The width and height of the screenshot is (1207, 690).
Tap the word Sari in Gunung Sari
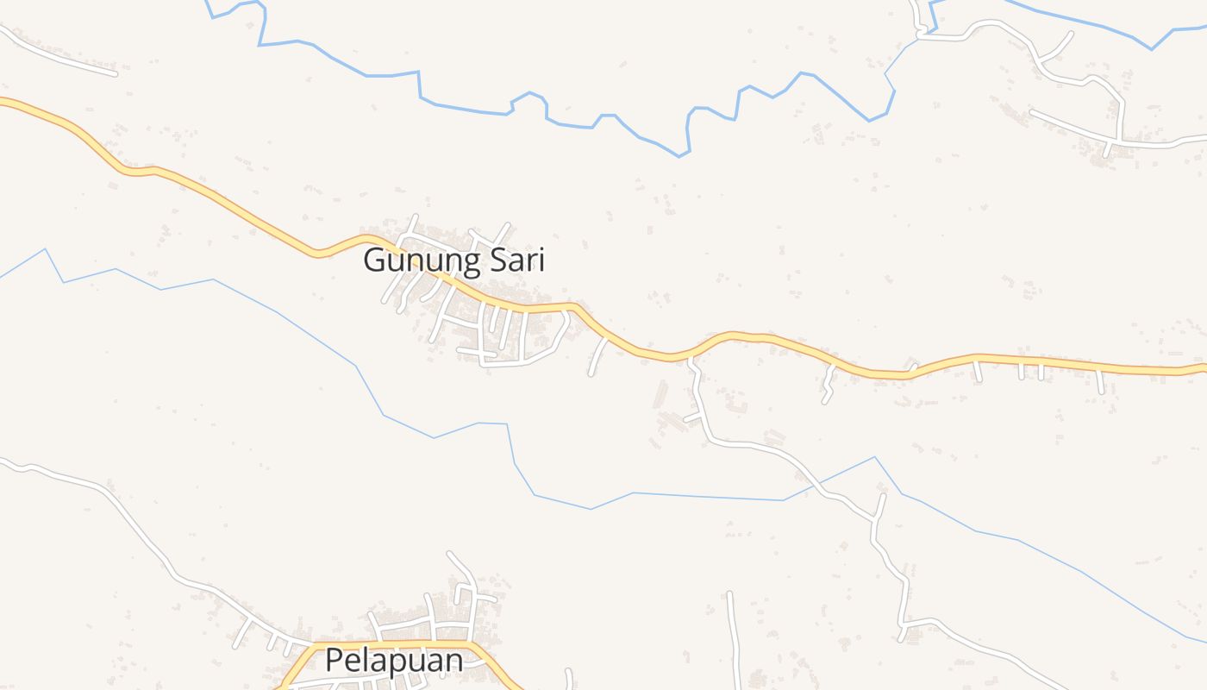tap(517, 260)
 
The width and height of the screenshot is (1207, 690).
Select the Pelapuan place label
tap(394, 662)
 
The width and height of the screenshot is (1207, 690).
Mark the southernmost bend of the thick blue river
tap(680, 156)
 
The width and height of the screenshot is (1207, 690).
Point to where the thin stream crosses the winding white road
tap(820, 485)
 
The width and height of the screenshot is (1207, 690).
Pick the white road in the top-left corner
tap(60, 56)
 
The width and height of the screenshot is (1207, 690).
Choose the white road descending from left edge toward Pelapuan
tap(138, 526)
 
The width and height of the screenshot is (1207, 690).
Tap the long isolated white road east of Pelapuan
tap(733, 638)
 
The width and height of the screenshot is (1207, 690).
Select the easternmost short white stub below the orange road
tap(1100, 382)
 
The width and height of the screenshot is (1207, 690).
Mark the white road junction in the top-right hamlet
tap(1119, 142)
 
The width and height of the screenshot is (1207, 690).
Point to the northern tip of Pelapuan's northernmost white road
tap(449, 553)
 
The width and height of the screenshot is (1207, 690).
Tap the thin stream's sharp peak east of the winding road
tap(875, 457)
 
